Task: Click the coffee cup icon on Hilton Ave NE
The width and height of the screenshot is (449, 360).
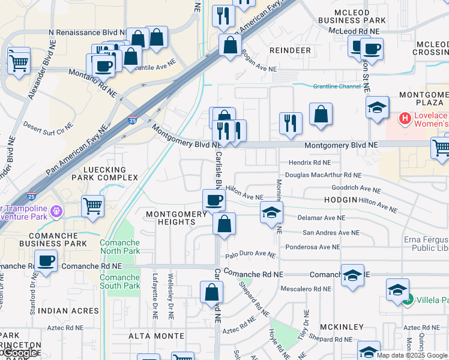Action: (213, 200)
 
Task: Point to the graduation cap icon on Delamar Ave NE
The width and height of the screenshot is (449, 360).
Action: (271, 212)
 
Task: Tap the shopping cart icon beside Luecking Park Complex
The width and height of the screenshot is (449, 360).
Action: (92, 206)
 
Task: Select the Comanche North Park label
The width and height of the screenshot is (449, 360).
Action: (119, 247)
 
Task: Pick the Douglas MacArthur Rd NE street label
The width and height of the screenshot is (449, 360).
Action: (323, 175)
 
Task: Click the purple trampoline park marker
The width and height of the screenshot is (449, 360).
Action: (57, 211)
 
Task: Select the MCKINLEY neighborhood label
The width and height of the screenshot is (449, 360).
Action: (342, 326)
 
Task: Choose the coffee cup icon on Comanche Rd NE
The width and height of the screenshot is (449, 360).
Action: (46, 261)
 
